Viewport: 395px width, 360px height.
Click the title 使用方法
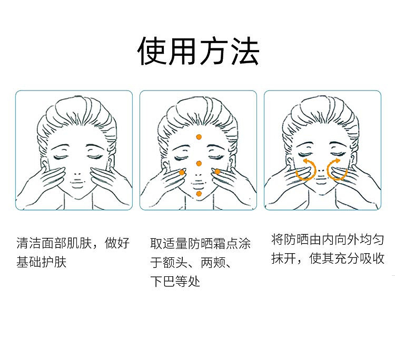198,51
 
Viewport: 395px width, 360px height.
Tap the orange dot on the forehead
199,137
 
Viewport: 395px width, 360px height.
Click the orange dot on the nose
199,164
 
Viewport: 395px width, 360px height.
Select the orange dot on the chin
199,194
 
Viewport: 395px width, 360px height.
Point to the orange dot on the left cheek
182,173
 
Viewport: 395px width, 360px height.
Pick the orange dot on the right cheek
218,172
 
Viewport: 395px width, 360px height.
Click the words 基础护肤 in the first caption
41,262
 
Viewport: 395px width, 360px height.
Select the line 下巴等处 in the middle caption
175,281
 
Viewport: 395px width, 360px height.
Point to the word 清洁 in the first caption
29,243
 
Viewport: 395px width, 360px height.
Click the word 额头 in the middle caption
175,263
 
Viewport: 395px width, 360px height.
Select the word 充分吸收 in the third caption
360,258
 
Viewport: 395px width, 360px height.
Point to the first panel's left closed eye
61,157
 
